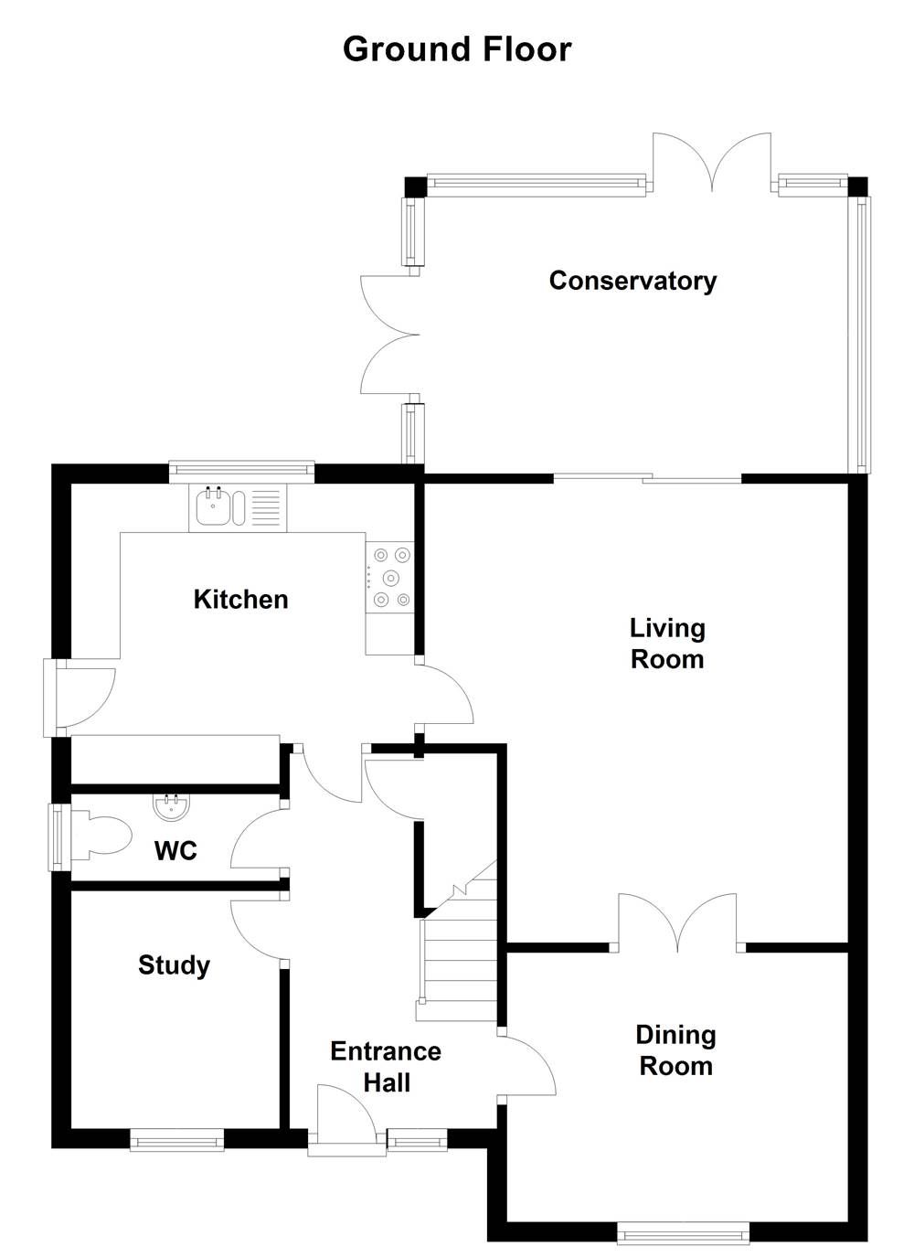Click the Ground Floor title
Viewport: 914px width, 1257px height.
pyautogui.click(x=457, y=49)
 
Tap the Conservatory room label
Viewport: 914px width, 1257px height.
pyautogui.click(x=632, y=281)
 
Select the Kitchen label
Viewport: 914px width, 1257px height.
pyautogui.click(x=240, y=600)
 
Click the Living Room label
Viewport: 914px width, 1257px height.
pyautogui.click(x=667, y=644)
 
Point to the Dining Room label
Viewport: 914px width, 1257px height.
pyautogui.click(x=675, y=1050)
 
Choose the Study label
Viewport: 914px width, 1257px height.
pyautogui.click(x=174, y=965)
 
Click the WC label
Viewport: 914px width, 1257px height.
pyautogui.click(x=175, y=851)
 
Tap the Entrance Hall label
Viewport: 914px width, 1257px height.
pyautogui.click(x=386, y=1067)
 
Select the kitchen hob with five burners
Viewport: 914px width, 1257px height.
pyautogui.click(x=390, y=577)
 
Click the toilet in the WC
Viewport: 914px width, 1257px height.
pyautogui.click(x=105, y=835)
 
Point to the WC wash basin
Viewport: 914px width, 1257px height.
pyautogui.click(x=171, y=805)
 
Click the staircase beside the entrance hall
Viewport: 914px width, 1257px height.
pyautogui.click(x=457, y=960)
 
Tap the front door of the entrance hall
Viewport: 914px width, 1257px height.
pyautogui.click(x=345, y=1117)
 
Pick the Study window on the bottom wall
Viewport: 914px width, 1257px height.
pyautogui.click(x=176, y=1140)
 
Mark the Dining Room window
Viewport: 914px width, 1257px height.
pyautogui.click(x=683, y=1235)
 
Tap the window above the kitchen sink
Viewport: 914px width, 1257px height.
pyautogui.click(x=241, y=471)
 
